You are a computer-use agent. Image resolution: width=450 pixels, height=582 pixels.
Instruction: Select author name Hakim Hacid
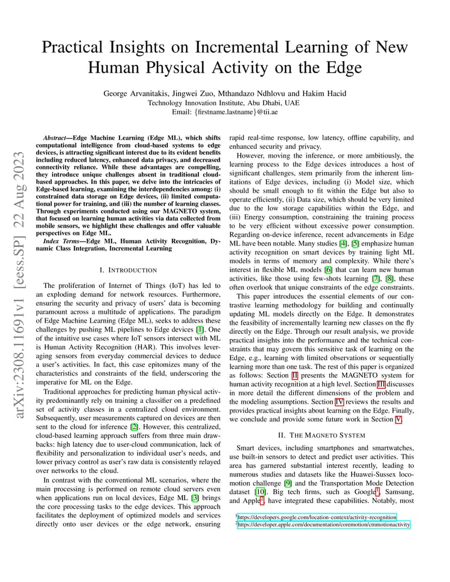point(324,93)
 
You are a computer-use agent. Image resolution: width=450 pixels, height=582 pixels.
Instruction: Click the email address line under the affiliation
point(224,111)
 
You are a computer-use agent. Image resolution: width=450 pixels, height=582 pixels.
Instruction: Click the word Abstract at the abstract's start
point(56,138)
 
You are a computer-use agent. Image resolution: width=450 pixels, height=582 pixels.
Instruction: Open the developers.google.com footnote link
point(317,517)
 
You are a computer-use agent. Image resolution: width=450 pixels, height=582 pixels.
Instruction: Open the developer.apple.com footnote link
point(324,524)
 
